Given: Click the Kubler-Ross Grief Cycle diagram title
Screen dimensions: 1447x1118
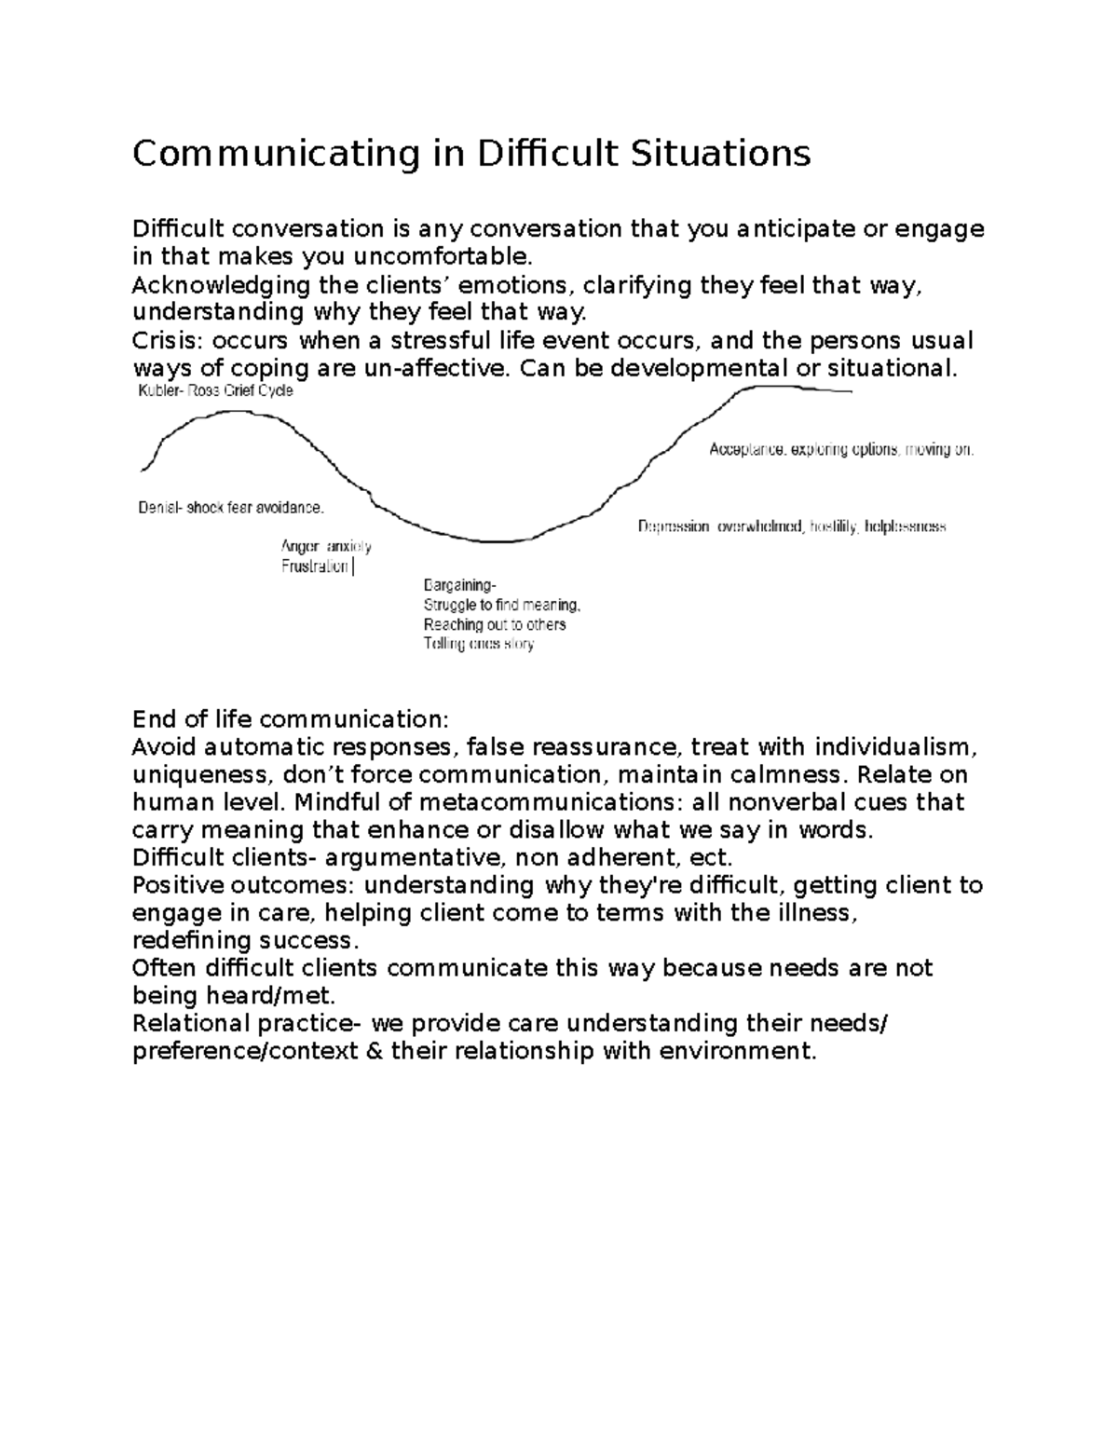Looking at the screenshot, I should pos(215,391).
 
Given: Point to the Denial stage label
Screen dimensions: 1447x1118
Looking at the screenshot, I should pos(159,508).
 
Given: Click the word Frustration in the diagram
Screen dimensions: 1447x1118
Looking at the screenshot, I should pos(315,567).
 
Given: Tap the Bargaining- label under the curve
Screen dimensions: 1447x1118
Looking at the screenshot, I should pos(459,585).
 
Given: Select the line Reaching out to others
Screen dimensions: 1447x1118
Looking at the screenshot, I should pos(495,624).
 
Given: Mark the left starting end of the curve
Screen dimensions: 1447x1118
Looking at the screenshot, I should pos(143,469).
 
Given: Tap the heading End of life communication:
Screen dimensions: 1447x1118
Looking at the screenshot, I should pos(291,719).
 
